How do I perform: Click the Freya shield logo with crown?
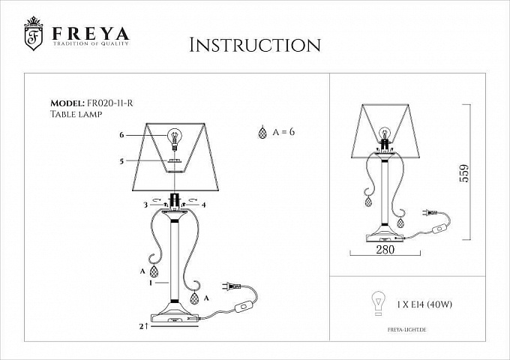[x=34, y=34]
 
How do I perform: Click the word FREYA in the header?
[x=91, y=34]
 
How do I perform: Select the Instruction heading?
[x=255, y=45]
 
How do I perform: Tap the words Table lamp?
[x=76, y=114]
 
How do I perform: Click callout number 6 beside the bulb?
[x=121, y=135]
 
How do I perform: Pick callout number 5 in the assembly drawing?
[x=121, y=161]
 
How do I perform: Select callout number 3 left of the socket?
[x=145, y=205]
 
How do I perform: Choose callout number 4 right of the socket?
[x=203, y=205]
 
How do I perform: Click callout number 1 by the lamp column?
[x=151, y=283]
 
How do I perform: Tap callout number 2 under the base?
[x=142, y=326]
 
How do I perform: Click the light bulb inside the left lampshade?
[x=175, y=139]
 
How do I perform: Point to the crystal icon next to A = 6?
[x=262, y=132]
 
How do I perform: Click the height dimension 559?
[x=464, y=173]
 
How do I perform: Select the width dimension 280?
[x=385, y=250]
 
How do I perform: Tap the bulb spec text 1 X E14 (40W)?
[x=424, y=304]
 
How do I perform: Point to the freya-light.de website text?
[x=406, y=330]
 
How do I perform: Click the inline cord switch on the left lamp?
[x=243, y=307]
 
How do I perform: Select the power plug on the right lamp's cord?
[x=430, y=213]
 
